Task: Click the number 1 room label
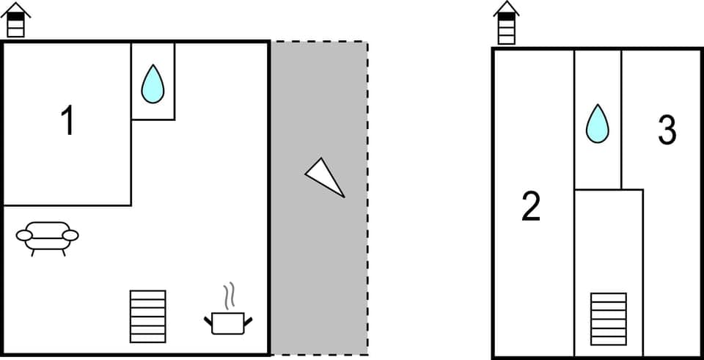pyautogui.click(x=67, y=121)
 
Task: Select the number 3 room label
pyautogui.click(x=667, y=131)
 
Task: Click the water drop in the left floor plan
pyautogui.click(x=153, y=84)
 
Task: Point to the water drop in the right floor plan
pyautogui.click(x=598, y=123)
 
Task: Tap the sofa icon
pyautogui.click(x=48, y=237)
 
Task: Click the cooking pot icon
pyautogui.click(x=227, y=321)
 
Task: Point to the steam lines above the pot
pyautogui.click(x=230, y=295)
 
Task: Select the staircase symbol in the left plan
pyautogui.click(x=148, y=316)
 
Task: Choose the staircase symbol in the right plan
pyautogui.click(x=609, y=318)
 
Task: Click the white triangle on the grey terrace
pyautogui.click(x=323, y=177)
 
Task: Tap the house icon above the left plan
pyautogui.click(x=15, y=20)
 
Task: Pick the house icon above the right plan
pyautogui.click(x=506, y=23)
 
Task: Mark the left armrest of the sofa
pyautogui.click(x=24, y=235)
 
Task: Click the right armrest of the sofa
pyautogui.click(x=70, y=235)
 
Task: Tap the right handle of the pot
pyautogui.click(x=248, y=320)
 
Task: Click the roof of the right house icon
pyautogui.click(x=506, y=8)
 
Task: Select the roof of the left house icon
pyautogui.click(x=15, y=7)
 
